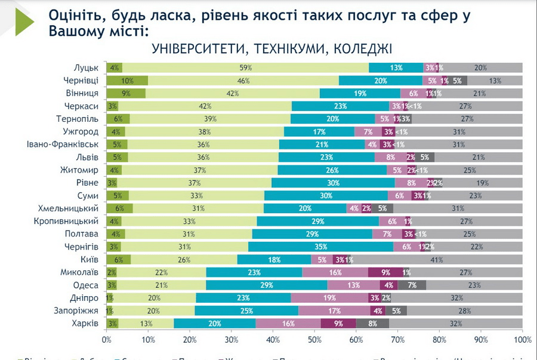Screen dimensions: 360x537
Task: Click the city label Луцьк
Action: (x=86, y=67)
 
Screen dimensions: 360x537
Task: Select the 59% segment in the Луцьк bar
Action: (x=245, y=67)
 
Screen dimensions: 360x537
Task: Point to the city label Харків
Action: (x=86, y=324)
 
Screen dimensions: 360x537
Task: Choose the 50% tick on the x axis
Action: (x=314, y=340)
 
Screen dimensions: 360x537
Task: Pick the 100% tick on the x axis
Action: (x=521, y=340)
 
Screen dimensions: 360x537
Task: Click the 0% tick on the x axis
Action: (x=107, y=340)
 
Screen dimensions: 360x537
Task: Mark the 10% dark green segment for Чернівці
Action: (x=127, y=81)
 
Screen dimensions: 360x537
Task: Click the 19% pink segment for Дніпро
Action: (x=329, y=298)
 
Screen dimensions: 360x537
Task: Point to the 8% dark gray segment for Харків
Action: (x=372, y=324)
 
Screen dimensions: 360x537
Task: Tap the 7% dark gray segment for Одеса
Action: (x=412, y=285)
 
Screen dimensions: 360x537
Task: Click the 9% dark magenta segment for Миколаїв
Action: (x=385, y=272)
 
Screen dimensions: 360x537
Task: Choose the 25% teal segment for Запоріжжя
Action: (x=246, y=310)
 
